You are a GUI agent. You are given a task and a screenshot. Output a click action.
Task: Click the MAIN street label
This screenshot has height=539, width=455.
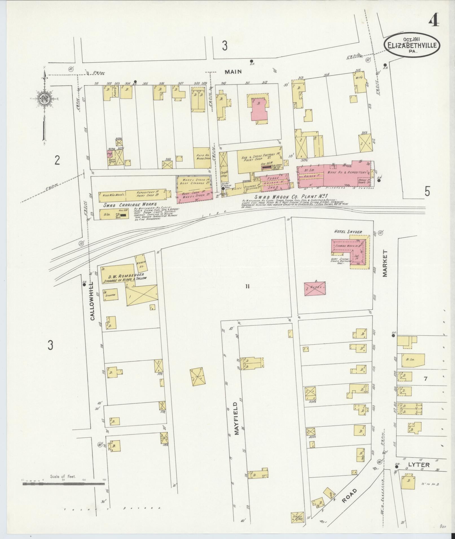click(233, 72)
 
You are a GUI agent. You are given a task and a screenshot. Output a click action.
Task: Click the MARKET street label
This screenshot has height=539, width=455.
click(386, 264)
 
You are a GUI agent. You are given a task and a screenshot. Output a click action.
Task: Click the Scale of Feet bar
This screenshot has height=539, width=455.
click(63, 484)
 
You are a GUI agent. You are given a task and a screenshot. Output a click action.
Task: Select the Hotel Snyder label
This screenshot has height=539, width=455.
click(348, 232)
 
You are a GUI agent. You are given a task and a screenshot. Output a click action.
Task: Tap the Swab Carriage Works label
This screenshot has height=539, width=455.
click(130, 205)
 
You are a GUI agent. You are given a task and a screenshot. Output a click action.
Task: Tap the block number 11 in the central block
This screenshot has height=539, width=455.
click(247, 287)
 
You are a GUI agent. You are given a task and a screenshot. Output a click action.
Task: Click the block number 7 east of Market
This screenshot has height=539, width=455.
click(425, 379)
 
